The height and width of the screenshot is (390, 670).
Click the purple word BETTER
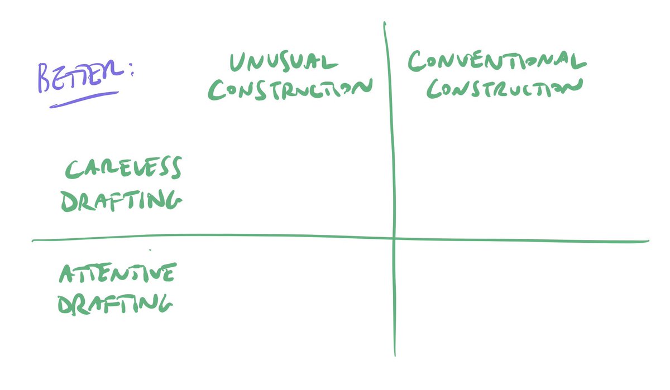(x=78, y=77)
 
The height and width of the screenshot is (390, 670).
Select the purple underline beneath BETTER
(x=84, y=99)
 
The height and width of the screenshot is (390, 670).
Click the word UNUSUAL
(x=284, y=62)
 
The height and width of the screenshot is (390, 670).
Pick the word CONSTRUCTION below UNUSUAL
(x=289, y=90)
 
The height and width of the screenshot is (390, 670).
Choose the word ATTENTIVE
(x=118, y=273)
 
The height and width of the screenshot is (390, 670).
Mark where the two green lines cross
(x=394, y=238)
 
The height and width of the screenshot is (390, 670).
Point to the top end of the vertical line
(x=384, y=23)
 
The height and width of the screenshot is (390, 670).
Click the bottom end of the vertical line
(x=395, y=355)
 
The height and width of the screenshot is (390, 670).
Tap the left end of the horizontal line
(x=33, y=240)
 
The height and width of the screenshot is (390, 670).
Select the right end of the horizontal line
(x=648, y=242)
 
